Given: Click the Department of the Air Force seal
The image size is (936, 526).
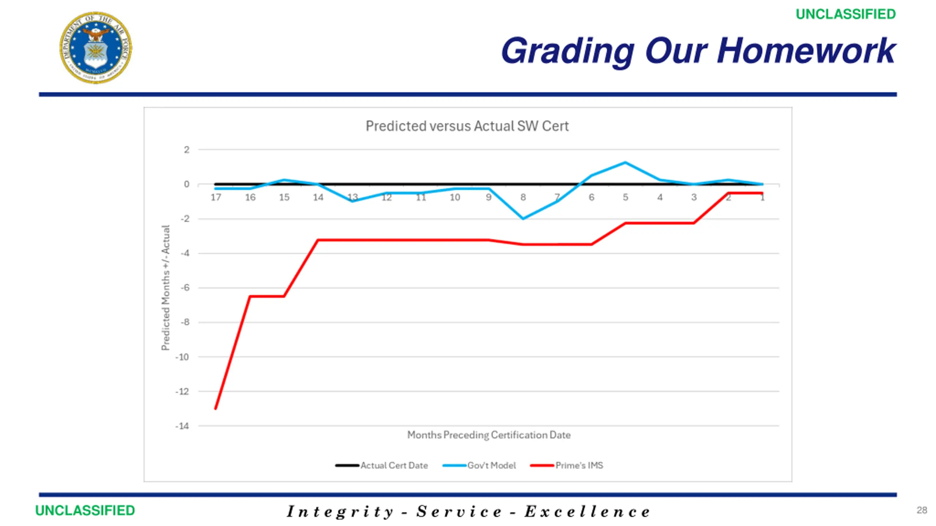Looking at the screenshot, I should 96,47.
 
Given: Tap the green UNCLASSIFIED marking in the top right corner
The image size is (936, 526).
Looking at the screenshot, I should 845,14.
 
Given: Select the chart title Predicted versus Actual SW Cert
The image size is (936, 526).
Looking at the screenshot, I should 467,126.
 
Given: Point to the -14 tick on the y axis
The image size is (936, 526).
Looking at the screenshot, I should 182,426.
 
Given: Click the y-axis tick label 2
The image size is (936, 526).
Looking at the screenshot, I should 186,150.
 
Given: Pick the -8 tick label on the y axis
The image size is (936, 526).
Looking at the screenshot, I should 185,322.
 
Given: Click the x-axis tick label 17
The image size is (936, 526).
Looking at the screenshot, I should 216,198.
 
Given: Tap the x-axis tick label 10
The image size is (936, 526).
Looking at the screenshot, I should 454,198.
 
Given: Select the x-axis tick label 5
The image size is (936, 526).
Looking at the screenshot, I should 626,198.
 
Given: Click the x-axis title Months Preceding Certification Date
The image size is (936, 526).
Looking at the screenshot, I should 489,435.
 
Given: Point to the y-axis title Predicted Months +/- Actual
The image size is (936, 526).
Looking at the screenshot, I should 166,288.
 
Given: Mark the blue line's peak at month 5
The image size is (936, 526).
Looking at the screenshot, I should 626,163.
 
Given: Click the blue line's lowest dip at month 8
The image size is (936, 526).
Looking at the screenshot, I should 523,218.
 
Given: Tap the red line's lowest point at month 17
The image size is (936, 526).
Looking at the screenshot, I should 216,408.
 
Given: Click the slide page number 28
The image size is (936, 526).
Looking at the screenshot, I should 922,510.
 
